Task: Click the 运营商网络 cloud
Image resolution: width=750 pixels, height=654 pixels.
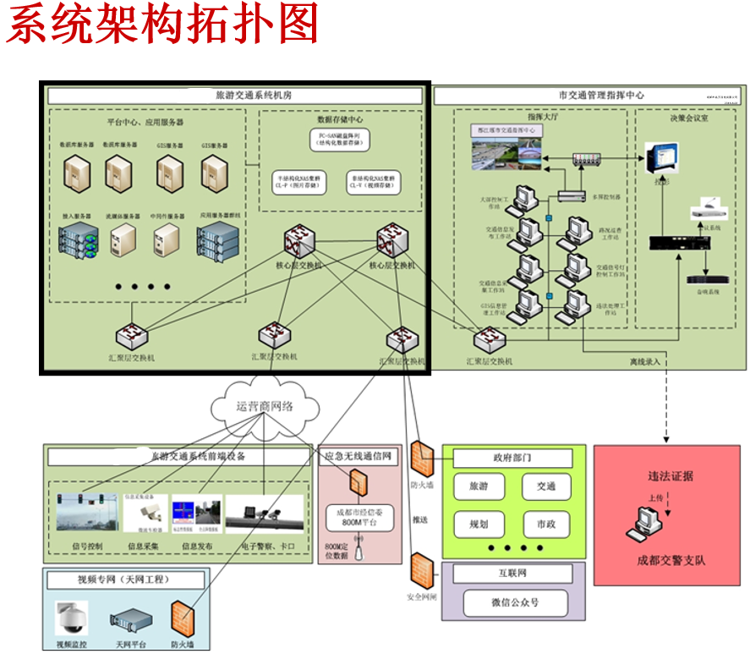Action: coord(265,407)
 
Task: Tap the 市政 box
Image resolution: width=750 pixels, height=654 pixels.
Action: coord(545,525)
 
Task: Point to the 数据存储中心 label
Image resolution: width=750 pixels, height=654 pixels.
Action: coord(340,120)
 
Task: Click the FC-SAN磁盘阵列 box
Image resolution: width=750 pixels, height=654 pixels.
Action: coord(340,139)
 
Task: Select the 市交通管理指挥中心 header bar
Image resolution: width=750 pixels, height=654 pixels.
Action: coord(589,96)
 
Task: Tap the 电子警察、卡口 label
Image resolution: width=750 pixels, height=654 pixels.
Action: coord(269,547)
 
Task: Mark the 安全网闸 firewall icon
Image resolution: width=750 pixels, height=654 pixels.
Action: coord(421,569)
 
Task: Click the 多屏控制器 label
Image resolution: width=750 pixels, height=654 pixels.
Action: coord(606,196)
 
